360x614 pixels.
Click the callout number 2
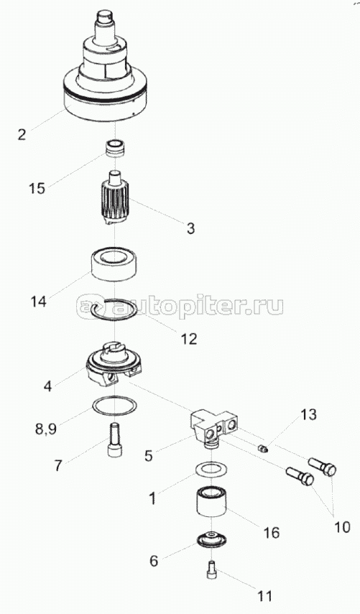coord(22,134)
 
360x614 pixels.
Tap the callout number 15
coord(37,188)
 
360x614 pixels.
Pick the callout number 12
coord(188,339)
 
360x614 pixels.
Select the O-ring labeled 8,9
coord(114,407)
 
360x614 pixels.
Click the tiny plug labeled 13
coord(264,448)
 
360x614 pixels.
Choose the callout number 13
coord(309,414)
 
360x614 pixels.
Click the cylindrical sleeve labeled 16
coord(211,503)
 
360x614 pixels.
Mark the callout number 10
coord(342,526)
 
